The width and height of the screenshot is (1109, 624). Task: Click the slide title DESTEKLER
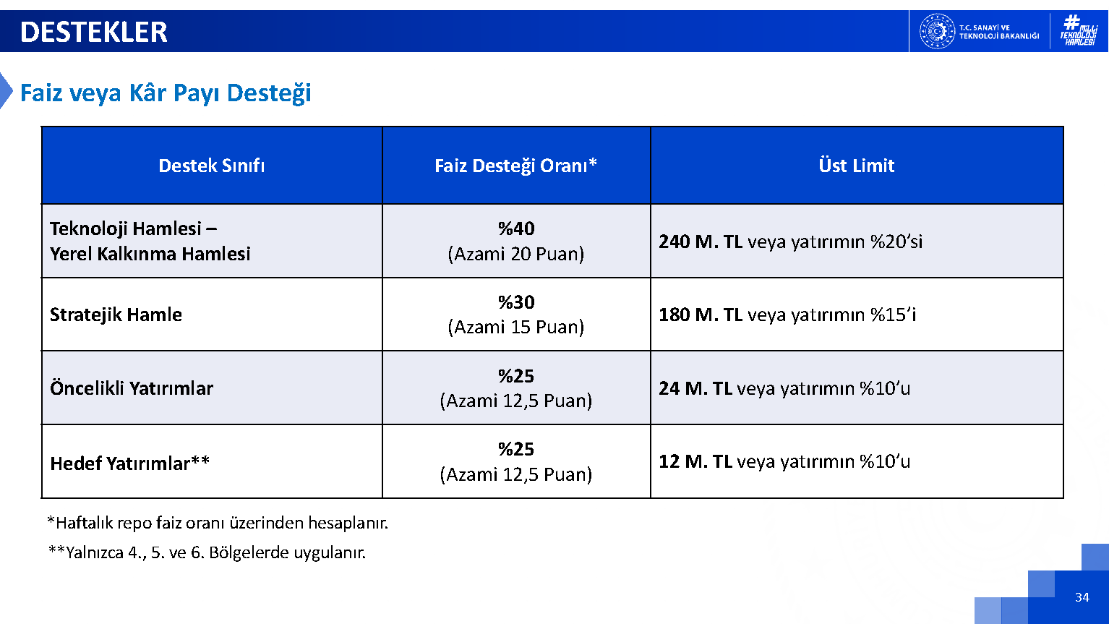(x=93, y=32)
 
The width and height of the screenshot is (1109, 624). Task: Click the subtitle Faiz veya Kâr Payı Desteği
(x=166, y=93)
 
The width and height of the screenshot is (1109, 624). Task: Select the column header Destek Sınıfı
(x=211, y=166)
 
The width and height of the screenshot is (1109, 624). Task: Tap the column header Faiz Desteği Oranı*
(x=516, y=166)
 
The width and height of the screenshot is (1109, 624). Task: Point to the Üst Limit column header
(x=857, y=165)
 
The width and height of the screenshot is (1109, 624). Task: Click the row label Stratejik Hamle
(x=116, y=315)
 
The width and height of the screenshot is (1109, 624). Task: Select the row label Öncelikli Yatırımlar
(x=132, y=388)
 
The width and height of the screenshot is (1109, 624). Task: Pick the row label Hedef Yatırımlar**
(x=129, y=463)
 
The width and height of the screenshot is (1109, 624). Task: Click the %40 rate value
(x=516, y=228)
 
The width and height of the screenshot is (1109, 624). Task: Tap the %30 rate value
(x=516, y=302)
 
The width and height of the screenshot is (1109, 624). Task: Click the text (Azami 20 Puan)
(x=516, y=254)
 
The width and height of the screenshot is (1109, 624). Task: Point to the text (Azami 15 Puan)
(x=516, y=328)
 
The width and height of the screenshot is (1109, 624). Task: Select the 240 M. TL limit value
(x=701, y=242)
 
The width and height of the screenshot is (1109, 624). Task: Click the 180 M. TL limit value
(x=701, y=315)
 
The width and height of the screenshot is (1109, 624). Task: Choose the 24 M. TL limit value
(x=695, y=388)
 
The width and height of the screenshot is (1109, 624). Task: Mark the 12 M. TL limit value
(x=695, y=461)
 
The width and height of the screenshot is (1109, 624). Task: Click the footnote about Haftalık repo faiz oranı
(x=218, y=523)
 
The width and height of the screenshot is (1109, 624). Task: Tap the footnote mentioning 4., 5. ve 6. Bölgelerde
(x=207, y=552)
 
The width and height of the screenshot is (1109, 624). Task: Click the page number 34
(x=1082, y=597)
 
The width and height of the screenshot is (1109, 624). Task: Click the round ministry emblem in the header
(x=937, y=32)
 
